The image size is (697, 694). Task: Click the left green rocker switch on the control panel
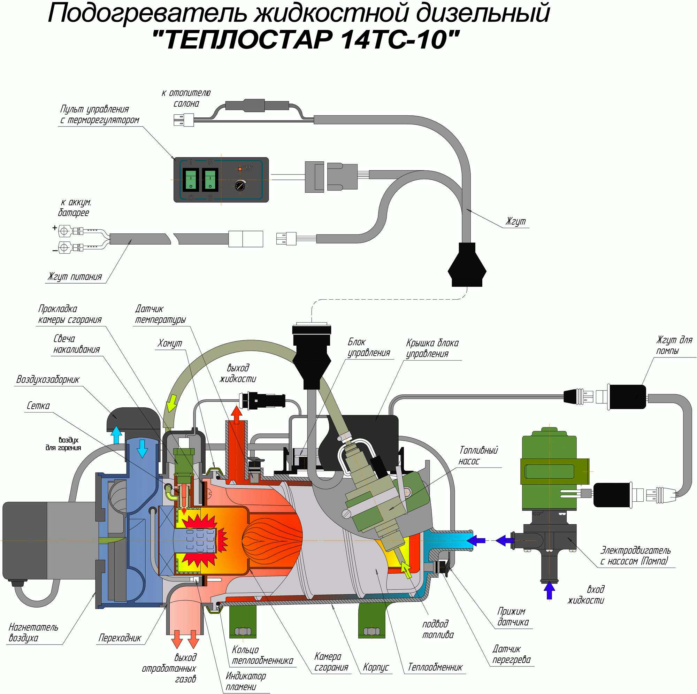190,180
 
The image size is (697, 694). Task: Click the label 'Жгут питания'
75,277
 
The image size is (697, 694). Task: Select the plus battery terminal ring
65,230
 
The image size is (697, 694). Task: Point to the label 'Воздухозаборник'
48,379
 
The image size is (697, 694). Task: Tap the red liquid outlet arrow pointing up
237,414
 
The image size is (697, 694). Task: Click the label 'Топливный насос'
478,456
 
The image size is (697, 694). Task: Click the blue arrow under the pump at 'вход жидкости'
549,591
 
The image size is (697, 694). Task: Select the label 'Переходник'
120,638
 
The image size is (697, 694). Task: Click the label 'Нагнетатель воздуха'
33,632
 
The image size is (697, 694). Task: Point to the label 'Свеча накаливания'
76,344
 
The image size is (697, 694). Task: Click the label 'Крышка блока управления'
432,348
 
